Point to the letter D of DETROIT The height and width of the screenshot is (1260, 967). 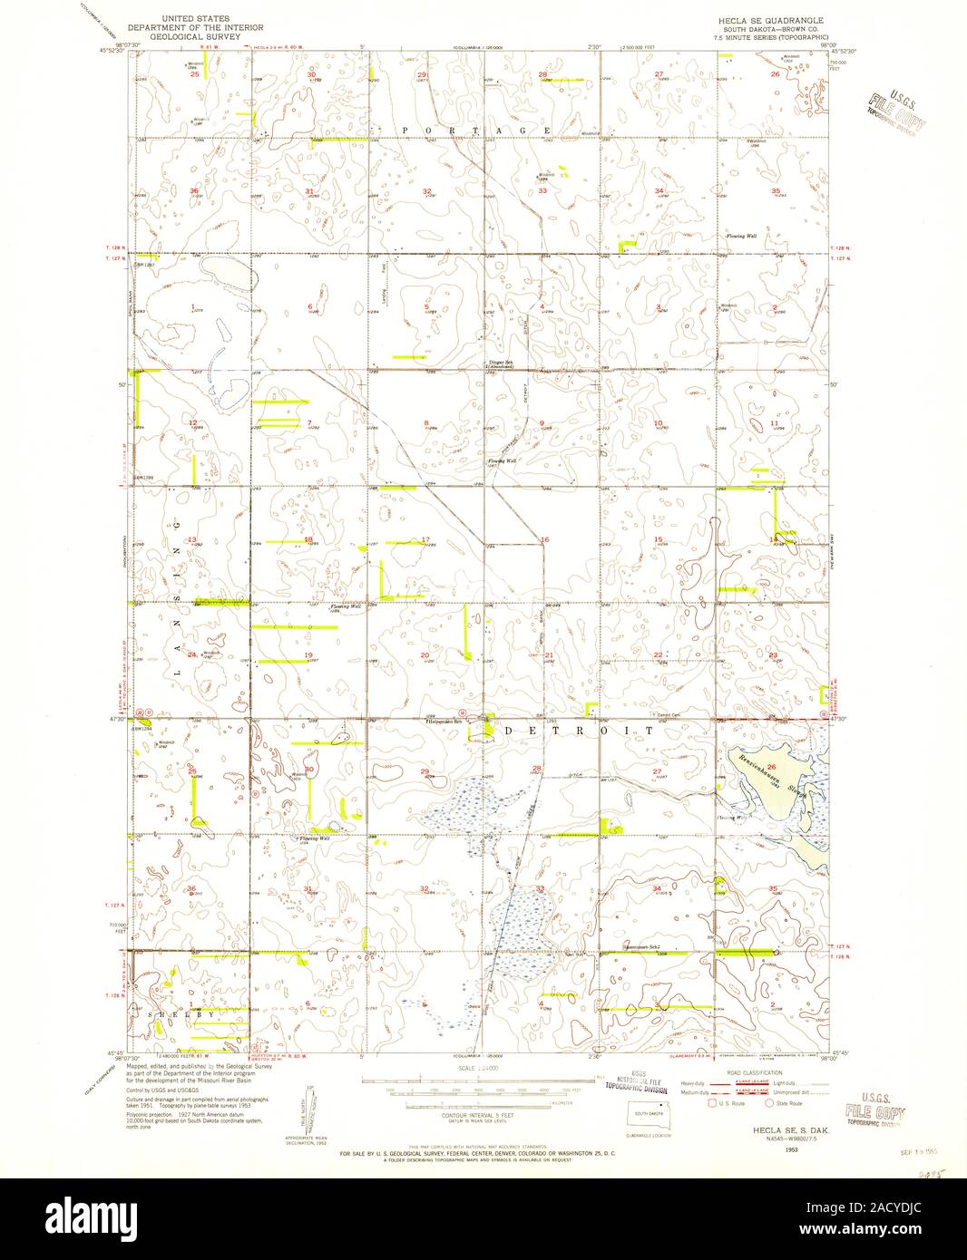(x=509, y=730)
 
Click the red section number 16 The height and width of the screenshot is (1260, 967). (x=544, y=540)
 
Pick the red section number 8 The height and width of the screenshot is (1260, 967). (x=426, y=423)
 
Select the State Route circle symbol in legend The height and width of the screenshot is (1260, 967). (x=769, y=1105)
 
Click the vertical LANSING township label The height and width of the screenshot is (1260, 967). (x=179, y=598)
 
